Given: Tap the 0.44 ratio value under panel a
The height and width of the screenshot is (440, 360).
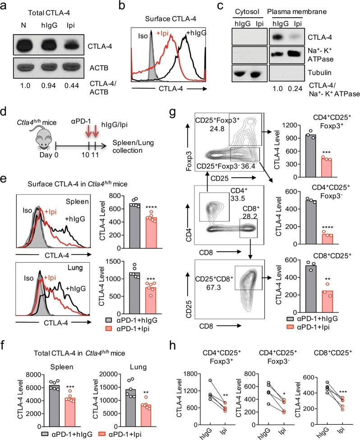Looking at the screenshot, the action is [x=72, y=86].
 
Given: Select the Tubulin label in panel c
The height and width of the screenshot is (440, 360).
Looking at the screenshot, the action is [x=320, y=72].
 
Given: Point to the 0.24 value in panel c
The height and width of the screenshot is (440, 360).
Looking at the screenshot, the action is [x=295, y=88].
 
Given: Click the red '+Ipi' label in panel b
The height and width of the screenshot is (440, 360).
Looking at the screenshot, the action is [x=162, y=33].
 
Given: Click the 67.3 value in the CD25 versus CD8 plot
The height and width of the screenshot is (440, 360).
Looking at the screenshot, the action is [x=213, y=287].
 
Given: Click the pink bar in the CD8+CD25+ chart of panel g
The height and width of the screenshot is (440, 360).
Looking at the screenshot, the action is [x=326, y=301].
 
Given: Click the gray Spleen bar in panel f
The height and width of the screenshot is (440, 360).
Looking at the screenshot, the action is [x=54, y=406].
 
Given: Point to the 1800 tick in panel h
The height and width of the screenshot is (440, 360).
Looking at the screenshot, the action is [x=191, y=374].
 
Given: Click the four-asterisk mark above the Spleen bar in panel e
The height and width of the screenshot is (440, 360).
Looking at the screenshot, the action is [x=151, y=208].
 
